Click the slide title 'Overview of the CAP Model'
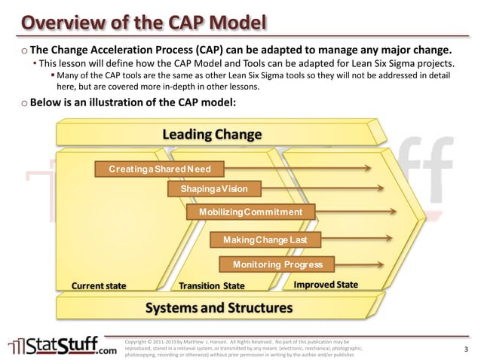[143, 21]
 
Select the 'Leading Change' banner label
[212, 135]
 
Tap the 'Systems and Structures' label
[218, 308]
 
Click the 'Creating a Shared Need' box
[159, 169]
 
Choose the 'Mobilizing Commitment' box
[250, 212]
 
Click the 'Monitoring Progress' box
[277, 264]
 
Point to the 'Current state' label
[99, 286]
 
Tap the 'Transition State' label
[212, 286]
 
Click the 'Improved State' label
[326, 285]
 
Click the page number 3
[466, 349]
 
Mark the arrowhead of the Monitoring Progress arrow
[388, 264]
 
